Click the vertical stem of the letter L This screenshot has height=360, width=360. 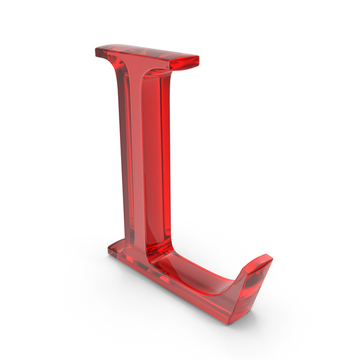tap(144, 162)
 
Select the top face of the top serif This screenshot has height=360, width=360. tap(144, 50)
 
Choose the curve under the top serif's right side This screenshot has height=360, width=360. tap(162, 75)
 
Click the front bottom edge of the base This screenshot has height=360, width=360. tap(180, 288)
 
